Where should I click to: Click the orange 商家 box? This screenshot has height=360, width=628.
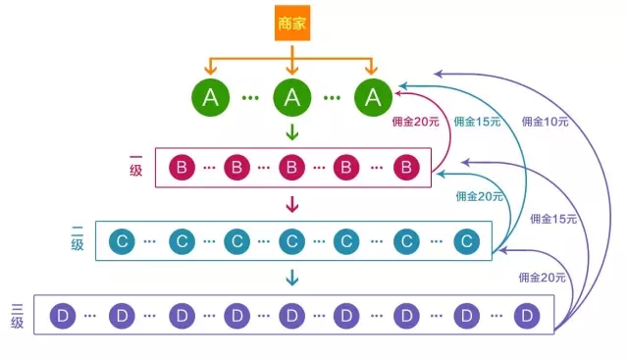coord(291,23)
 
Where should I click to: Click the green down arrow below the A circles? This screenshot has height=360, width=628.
coord(291,131)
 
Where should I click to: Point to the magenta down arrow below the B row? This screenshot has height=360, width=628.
coord(291,205)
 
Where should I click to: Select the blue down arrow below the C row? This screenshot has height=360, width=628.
coord(291,279)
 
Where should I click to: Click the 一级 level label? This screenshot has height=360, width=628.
coord(135,166)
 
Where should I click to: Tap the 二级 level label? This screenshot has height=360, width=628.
coord(77,239)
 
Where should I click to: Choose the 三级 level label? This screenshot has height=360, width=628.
coord(17,315)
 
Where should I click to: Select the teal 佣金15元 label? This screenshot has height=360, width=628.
coord(478,122)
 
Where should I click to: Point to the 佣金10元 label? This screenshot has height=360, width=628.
coord(545,122)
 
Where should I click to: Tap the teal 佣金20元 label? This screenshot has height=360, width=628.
coord(479,196)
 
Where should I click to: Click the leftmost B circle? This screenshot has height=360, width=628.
coord(182,167)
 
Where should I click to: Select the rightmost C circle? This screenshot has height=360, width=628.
coord(467,240)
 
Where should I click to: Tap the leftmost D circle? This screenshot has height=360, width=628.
coord(62,316)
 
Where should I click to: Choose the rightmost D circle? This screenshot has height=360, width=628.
coord(527,316)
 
